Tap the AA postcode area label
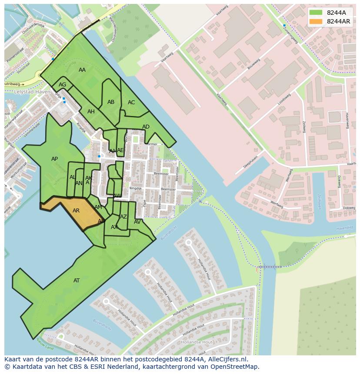pyautogui.click(x=82, y=70)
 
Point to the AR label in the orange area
pyautogui.click(x=76, y=211)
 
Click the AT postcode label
pyautogui.click(x=77, y=281)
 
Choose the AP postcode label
pyautogui.click(x=54, y=159)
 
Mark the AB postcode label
pyautogui.click(x=111, y=102)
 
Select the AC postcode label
pyautogui.click(x=131, y=103)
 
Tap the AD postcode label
pyautogui.click(x=146, y=127)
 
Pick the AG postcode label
pyautogui.click(x=63, y=85)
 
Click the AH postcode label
pyautogui.click(x=91, y=112)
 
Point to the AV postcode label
pyautogui.click(x=137, y=222)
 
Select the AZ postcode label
pyautogui.click(x=123, y=217)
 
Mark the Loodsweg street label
pyautogui.click(x=284, y=99)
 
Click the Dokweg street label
pyautogui.click(x=349, y=208)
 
